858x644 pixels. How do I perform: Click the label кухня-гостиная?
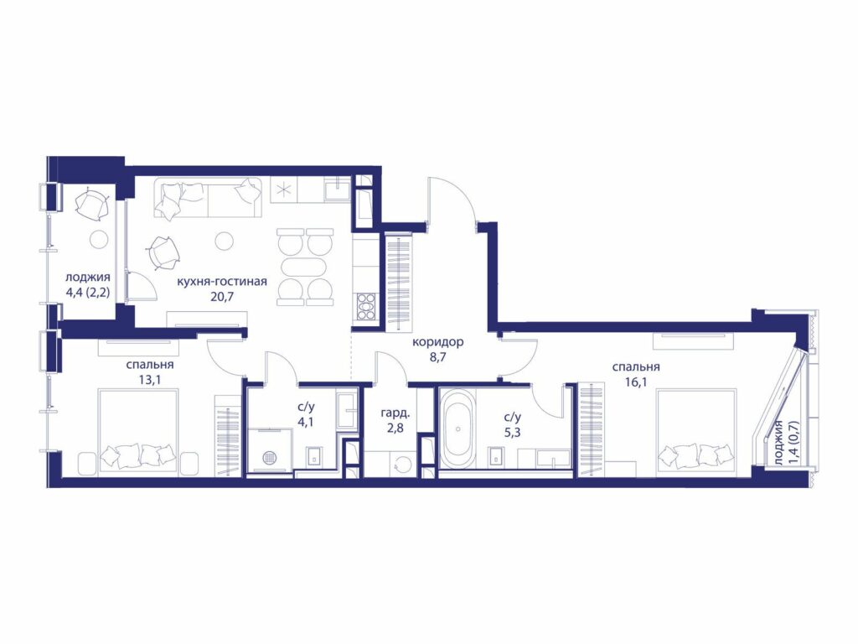(x=221, y=282)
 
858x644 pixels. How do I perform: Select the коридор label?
(x=437, y=343)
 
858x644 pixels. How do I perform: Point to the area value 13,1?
(x=149, y=380)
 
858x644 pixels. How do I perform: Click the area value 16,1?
(x=636, y=382)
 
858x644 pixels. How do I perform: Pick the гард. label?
(x=395, y=414)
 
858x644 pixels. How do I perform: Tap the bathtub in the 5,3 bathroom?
(x=457, y=428)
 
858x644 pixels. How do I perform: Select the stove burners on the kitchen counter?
(x=366, y=306)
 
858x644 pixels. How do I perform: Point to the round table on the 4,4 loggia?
(x=100, y=240)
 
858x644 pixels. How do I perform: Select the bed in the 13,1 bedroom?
(x=138, y=428)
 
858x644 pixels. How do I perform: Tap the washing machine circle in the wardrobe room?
(x=402, y=464)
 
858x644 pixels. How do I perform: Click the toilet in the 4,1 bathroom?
(x=313, y=457)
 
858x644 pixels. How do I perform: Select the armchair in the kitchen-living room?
(x=163, y=253)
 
